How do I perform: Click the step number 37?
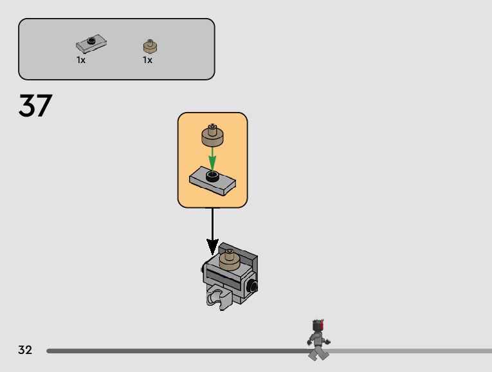pyautogui.click(x=35, y=106)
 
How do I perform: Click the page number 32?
pyautogui.click(x=25, y=350)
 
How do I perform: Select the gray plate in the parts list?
pyautogui.click(x=91, y=44)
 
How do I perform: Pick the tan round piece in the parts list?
pyautogui.click(x=150, y=46)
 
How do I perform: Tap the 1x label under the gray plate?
pyautogui.click(x=81, y=60)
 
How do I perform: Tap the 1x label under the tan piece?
pyautogui.click(x=147, y=60)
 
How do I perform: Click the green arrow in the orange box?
pyautogui.click(x=212, y=158)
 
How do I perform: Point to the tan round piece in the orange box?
pyautogui.click(x=212, y=136)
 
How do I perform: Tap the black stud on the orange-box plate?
pyautogui.click(x=212, y=174)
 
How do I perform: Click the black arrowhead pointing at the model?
pyautogui.click(x=212, y=246)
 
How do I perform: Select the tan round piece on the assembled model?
pyautogui.click(x=230, y=259)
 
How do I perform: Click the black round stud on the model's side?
pyautogui.click(x=254, y=286)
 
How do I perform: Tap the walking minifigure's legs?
pyautogui.click(x=317, y=352)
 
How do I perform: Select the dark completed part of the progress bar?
pyautogui.click(x=174, y=351)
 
